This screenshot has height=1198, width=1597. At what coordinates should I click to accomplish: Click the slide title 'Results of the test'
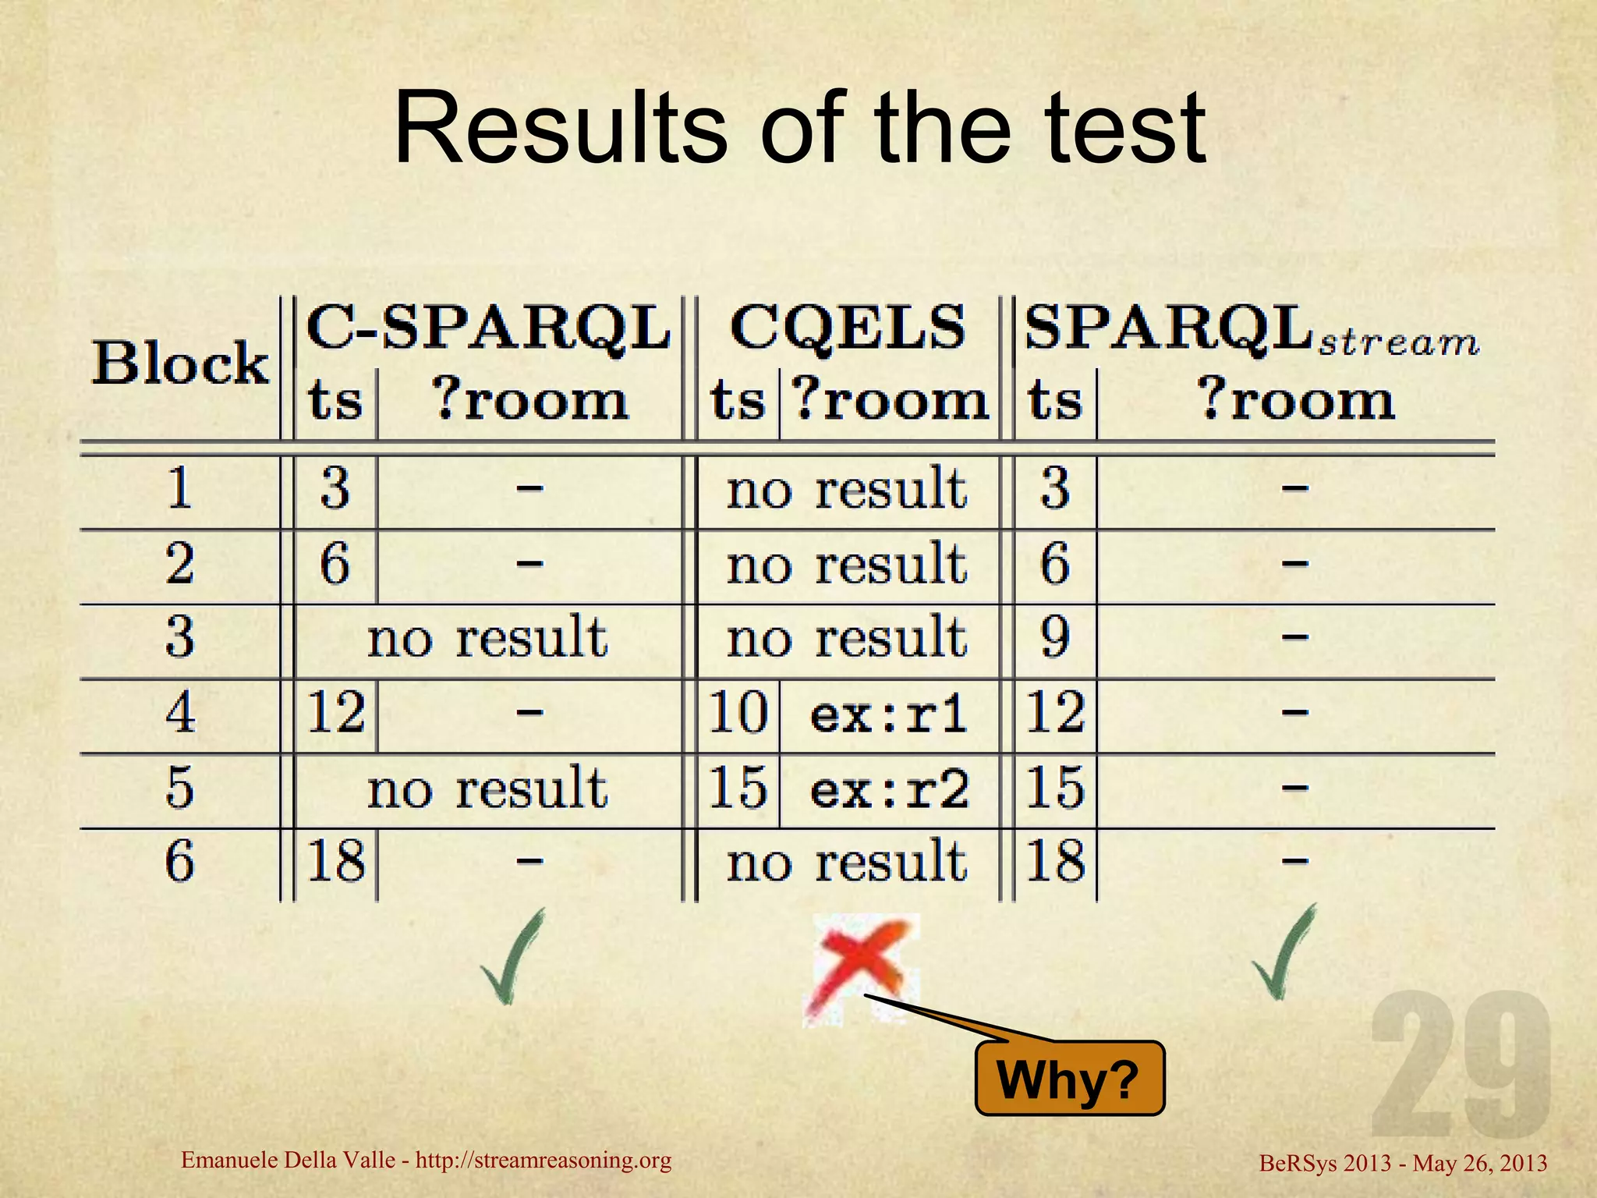800,129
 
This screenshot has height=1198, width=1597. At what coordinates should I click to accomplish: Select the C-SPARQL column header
488,328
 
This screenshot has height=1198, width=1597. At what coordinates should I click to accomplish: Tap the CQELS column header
848,328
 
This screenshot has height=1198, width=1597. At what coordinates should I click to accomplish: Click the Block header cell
180,363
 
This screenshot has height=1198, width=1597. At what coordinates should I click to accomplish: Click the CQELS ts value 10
738,713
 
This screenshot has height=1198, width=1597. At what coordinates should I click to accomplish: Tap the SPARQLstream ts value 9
1054,638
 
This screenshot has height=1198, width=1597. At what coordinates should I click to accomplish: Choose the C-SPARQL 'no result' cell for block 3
487,638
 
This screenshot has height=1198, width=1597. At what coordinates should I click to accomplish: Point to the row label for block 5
179,788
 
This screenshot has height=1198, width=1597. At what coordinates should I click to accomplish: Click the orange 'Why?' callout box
1069,1079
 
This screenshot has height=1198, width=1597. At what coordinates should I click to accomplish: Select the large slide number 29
1461,1065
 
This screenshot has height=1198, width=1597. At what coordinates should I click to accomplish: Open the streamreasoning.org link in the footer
543,1161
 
